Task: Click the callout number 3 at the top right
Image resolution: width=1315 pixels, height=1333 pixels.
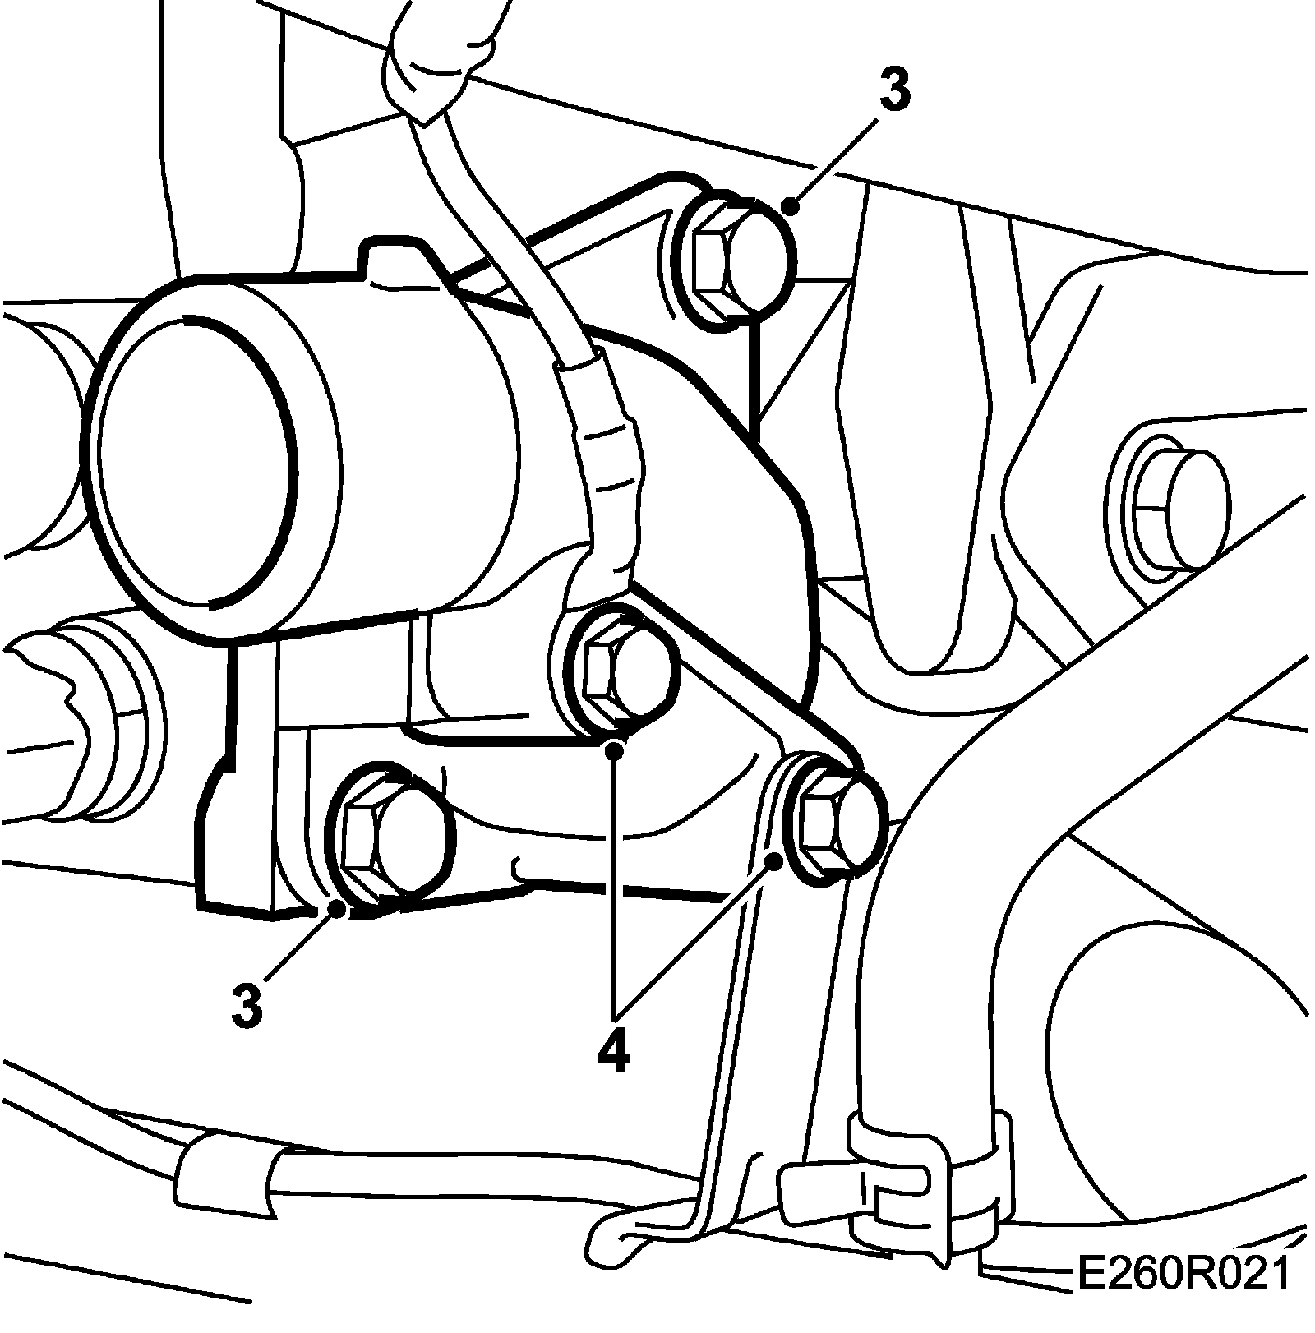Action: click(x=894, y=92)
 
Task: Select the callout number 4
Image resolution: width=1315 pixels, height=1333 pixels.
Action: click(x=613, y=1049)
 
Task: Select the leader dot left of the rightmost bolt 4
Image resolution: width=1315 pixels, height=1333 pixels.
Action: click(x=774, y=860)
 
